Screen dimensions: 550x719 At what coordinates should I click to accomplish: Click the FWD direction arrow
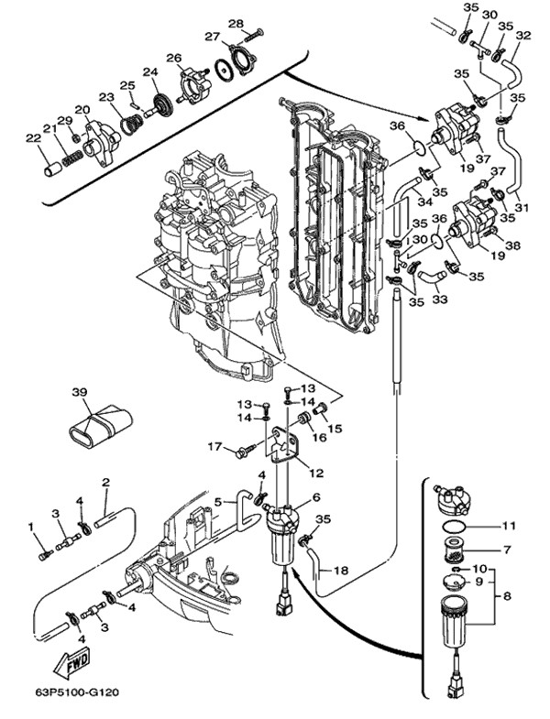coord(71,665)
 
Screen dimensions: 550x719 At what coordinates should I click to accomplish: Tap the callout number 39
coord(80,392)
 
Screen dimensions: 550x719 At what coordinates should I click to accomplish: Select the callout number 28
coord(236,24)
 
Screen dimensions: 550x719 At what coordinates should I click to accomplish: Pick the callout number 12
coord(316,473)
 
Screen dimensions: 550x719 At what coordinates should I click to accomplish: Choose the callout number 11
coord(508,526)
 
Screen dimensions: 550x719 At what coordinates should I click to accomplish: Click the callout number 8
coord(507,596)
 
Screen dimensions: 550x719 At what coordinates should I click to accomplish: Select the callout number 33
coord(440,300)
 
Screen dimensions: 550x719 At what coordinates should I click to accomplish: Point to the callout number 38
coord(512,245)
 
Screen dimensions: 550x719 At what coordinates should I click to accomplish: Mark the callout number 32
coord(522,36)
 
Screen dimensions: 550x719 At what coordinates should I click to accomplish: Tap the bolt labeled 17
coord(245,451)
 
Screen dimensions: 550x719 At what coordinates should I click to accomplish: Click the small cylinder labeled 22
coord(52,169)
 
